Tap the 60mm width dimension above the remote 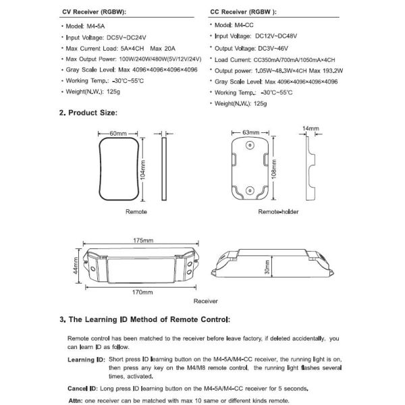(119, 132)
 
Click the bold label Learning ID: (86, 360)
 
